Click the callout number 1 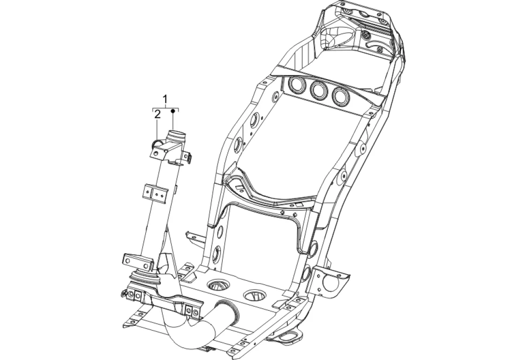click(x=165, y=99)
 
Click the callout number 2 click(x=158, y=114)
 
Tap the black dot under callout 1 click(x=173, y=112)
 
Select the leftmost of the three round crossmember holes click(x=297, y=86)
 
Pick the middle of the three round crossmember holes click(x=318, y=91)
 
